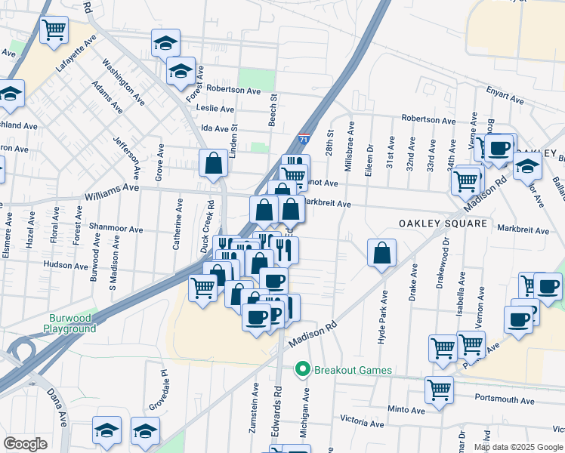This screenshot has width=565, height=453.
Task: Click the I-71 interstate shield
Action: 303,139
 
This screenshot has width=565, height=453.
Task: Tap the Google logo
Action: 25,444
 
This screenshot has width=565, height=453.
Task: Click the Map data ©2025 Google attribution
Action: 518,447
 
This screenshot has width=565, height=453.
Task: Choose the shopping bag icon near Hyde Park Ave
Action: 382,253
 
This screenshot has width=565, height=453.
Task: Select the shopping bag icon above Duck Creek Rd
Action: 215,163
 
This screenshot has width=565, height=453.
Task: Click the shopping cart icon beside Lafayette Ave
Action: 54,31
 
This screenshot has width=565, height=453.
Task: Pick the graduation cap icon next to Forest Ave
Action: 181,72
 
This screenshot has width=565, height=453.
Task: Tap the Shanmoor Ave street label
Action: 116,229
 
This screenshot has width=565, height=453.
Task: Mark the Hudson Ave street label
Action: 66,265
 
